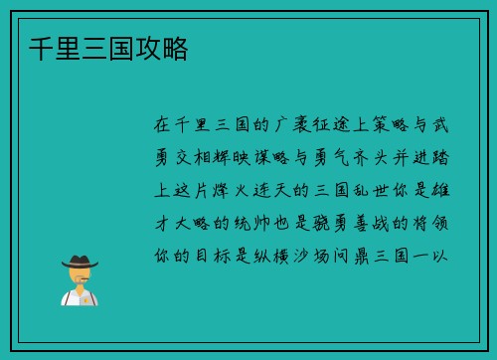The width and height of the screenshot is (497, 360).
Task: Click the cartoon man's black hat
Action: (80, 261)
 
